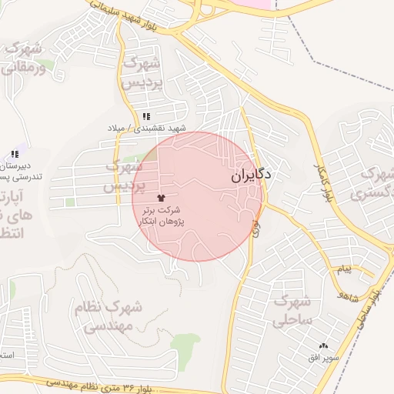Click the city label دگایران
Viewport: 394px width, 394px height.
click(x=250, y=175)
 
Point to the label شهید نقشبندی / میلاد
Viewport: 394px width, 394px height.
click(x=146, y=127)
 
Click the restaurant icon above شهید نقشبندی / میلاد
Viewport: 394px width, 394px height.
click(x=145, y=116)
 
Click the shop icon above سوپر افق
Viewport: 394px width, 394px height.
click(x=323, y=347)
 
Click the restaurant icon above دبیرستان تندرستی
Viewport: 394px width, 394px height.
click(x=15, y=154)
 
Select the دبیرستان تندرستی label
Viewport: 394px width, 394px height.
click(x=17, y=171)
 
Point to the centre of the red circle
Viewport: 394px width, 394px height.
click(x=198, y=196)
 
